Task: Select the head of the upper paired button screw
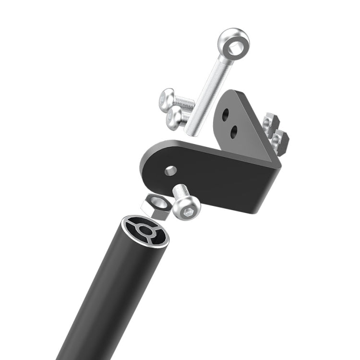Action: click(x=166, y=98)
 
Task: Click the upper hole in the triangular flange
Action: click(x=226, y=115)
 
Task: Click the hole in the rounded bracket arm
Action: click(x=170, y=170)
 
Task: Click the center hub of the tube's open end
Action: click(x=145, y=231)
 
